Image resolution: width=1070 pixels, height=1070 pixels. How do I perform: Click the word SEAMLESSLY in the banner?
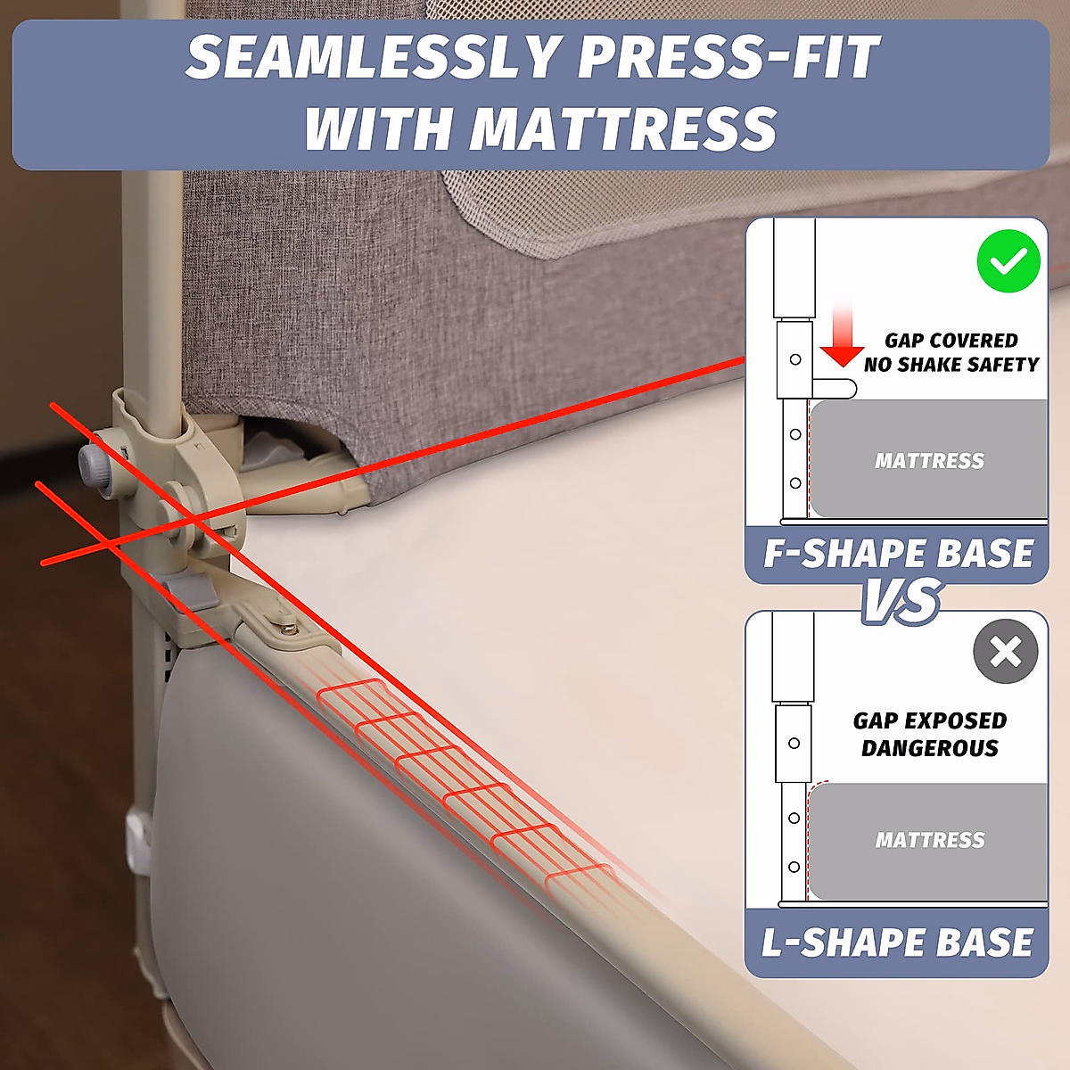pos(372,57)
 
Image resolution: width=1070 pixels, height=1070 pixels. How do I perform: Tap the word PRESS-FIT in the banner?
pos(728,57)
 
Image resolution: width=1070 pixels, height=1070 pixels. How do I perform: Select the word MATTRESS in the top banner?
pos(623,129)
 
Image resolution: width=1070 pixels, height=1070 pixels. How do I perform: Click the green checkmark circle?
pos(1008,261)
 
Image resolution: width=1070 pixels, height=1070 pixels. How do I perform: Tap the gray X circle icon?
pos(1005,651)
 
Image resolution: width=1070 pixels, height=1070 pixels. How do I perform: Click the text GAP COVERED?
pos(951,341)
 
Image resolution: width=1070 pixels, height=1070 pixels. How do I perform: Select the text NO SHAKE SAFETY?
pos(951,365)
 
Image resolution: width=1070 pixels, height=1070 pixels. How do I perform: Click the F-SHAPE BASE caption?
pos(898,554)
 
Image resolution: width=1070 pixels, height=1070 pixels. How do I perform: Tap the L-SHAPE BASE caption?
pos(897,942)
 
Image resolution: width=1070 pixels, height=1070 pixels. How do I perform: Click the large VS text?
pos(901,601)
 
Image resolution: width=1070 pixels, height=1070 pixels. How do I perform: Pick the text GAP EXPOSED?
pos(930,720)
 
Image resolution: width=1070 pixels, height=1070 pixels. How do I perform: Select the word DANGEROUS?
pos(930,748)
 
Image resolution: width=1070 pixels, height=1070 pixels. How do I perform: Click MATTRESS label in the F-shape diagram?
pos(929,461)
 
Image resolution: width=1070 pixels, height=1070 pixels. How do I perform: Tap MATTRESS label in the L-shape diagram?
pos(930,840)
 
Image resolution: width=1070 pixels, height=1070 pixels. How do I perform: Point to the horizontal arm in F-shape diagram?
pos(835,389)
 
